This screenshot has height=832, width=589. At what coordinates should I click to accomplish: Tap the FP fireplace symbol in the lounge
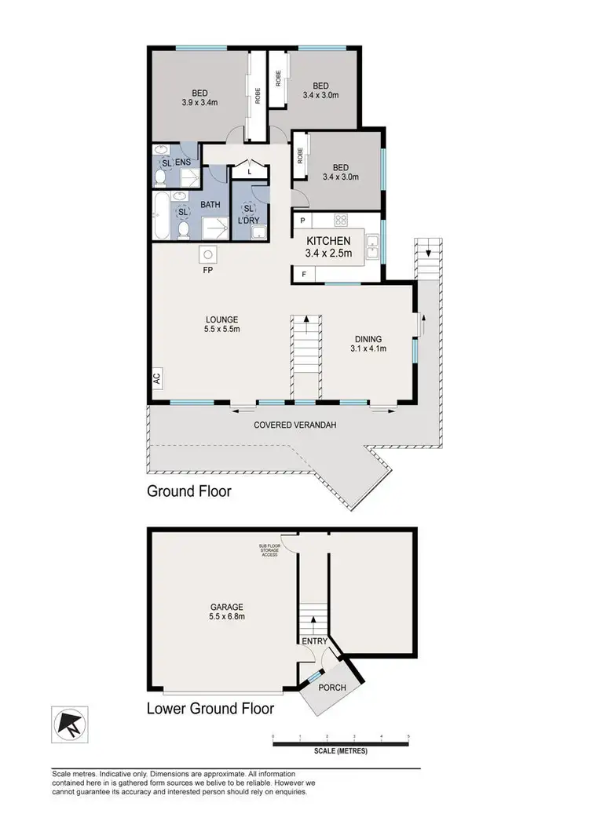pos(208,254)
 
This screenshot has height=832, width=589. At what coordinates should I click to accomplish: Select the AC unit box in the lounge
pos(155,378)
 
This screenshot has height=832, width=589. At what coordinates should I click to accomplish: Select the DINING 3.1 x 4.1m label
pos(369,343)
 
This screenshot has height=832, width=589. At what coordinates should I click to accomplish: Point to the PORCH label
pos(331,688)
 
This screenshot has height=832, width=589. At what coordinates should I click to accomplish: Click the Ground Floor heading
pos(188,491)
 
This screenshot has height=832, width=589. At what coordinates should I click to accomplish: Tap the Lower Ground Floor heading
pos(210,709)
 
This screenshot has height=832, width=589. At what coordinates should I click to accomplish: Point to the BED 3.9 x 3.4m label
pos(192,95)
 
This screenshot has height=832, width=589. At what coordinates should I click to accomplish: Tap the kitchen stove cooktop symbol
pos(342,220)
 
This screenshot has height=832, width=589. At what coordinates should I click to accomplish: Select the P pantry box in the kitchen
pos(302,221)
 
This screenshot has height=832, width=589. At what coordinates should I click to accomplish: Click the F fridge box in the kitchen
pos(302,274)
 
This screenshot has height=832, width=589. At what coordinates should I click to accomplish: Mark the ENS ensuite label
pos(182,162)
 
